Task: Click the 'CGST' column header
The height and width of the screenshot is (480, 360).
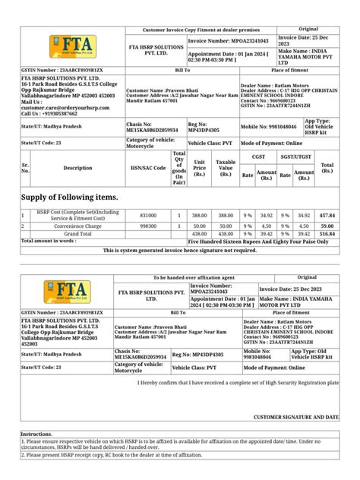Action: tap(258, 155)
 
